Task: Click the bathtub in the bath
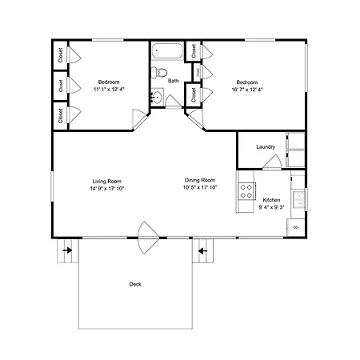coord(167,50)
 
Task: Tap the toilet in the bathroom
coord(159,73)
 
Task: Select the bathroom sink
coord(157,97)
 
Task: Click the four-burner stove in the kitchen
coord(246,191)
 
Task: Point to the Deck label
coord(135,284)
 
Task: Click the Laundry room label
coord(266,146)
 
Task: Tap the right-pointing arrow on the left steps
coord(68,250)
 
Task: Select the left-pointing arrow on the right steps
coord(203,251)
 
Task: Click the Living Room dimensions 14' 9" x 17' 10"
coord(107,189)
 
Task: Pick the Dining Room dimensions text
coord(200,187)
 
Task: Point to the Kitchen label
coord(271,200)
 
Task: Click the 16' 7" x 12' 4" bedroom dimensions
coord(247,90)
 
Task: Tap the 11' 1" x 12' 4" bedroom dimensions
coord(109,90)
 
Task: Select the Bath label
coord(174,81)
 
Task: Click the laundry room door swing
coord(272,162)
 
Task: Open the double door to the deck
coord(148,238)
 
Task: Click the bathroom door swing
coord(174,101)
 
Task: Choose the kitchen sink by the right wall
coord(298,199)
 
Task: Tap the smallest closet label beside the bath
coord(198,72)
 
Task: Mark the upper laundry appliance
coord(295,141)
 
